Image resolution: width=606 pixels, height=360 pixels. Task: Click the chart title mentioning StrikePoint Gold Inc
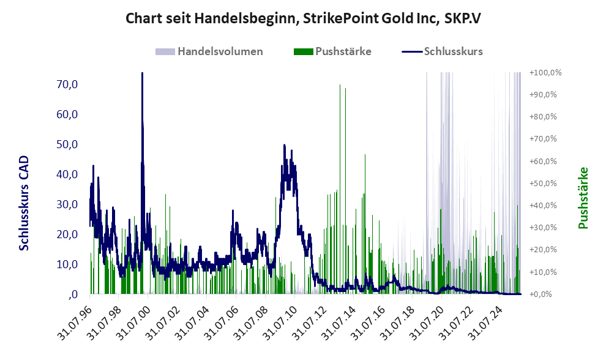pyautogui.click(x=303, y=18)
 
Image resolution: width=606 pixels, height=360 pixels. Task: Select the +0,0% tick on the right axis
pyautogui.click(x=547, y=294)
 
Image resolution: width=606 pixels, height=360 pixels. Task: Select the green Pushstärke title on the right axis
pyautogui.click(x=583, y=198)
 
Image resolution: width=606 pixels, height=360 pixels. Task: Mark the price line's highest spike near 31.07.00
pyautogui.click(x=142, y=74)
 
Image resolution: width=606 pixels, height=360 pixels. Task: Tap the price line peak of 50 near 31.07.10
pyautogui.click(x=285, y=146)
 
